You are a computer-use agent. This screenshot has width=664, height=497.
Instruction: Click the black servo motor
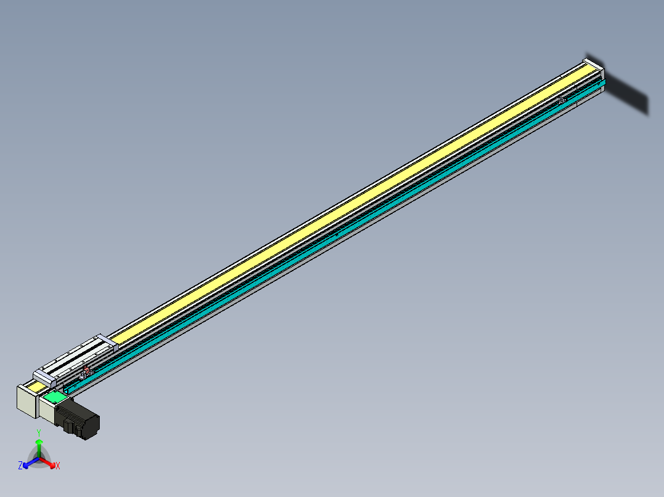[83, 421]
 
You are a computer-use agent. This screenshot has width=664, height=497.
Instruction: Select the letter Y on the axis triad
[39, 432]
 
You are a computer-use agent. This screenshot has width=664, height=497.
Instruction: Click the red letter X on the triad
[58, 466]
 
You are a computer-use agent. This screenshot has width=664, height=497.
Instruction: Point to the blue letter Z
[20, 466]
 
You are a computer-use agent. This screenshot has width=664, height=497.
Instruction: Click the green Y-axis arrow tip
[39, 442]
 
